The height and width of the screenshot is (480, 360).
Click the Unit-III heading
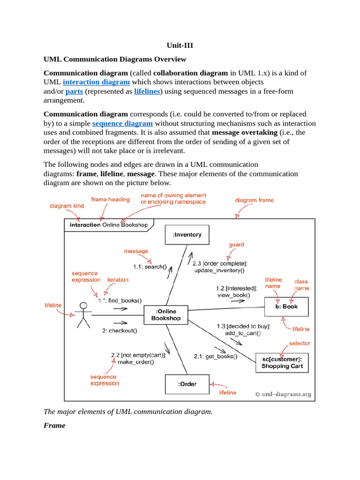180,45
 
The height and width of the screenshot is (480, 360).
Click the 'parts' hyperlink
74,91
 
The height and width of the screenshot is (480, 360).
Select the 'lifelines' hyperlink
147,91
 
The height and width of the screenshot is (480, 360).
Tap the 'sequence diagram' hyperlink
122,123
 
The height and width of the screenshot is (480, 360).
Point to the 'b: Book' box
286,307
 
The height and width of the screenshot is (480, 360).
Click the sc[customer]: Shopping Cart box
282,362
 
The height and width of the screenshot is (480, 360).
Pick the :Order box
187,384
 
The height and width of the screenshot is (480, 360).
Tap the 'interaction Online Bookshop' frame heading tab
108,225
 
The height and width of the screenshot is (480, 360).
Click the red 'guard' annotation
236,245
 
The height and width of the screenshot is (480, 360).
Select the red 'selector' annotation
300,343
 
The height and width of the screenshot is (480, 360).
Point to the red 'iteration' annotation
118,280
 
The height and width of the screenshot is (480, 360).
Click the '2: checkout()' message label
120,330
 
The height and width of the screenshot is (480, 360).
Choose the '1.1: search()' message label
150,267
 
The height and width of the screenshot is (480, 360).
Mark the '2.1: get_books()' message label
216,356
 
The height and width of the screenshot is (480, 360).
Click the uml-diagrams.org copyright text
283,394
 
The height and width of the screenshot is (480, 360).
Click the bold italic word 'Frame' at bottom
54,426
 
